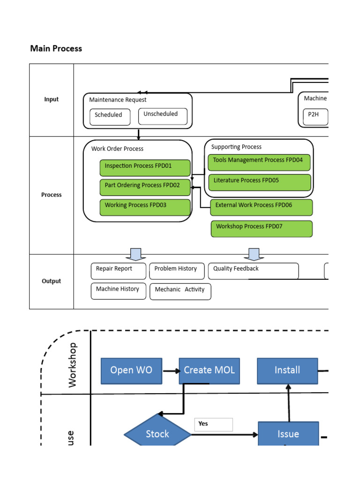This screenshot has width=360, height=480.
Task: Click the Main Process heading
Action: [x=56, y=48]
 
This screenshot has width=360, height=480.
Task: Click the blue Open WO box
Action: [x=131, y=370]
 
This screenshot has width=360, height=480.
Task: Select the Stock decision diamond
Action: [x=157, y=434]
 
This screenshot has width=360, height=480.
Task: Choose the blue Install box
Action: [x=287, y=370]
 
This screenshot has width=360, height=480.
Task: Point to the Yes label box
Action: [x=214, y=424]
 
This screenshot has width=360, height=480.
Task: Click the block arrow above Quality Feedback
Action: [x=254, y=254]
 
